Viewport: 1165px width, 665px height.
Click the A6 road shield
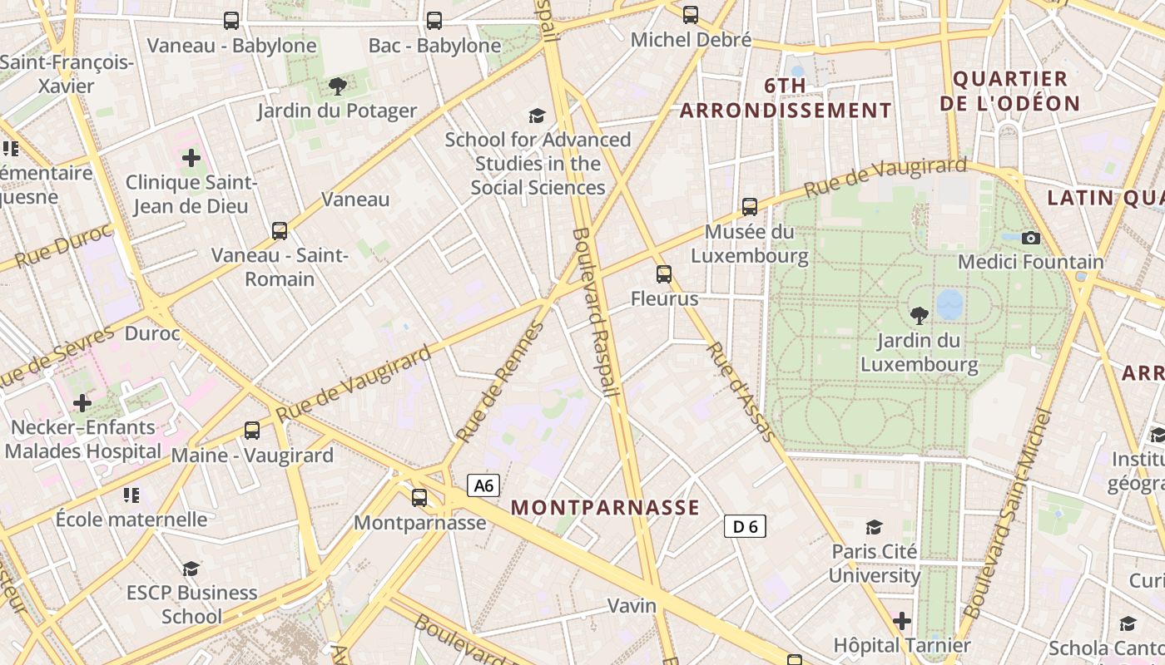point(483,485)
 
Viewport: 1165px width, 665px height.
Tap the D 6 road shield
point(745,526)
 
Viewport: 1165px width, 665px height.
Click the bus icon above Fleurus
point(663,274)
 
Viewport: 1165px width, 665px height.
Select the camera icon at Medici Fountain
point(1031,239)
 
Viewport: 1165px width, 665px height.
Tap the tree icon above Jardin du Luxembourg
point(919,316)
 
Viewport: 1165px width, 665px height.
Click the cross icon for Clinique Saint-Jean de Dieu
point(191,157)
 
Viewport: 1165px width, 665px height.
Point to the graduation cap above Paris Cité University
point(874,527)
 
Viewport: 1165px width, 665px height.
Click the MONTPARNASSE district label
point(605,507)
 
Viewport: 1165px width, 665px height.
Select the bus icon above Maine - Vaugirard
point(252,431)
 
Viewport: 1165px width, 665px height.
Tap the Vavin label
point(632,605)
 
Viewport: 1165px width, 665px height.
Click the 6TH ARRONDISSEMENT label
point(786,98)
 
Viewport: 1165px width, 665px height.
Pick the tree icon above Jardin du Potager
point(337,86)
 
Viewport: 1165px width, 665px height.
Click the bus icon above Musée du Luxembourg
point(750,207)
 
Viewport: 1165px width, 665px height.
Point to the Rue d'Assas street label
point(741,391)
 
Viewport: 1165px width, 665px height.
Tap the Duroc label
point(152,333)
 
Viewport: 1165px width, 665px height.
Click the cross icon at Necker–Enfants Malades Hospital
point(82,403)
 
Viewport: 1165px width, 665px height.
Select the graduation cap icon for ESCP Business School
point(191,569)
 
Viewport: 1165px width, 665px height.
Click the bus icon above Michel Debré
point(691,14)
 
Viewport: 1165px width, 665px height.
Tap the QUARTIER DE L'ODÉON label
point(1016,91)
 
